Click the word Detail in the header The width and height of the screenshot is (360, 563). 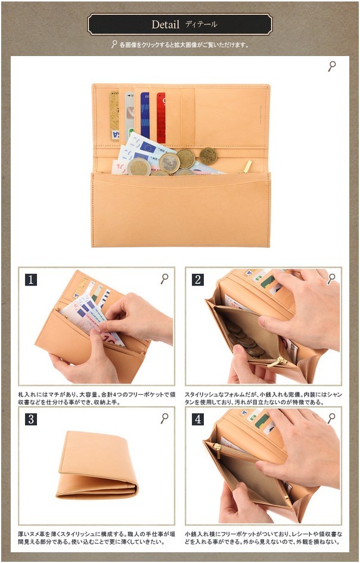click(165, 24)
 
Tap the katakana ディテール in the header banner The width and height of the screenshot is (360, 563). click(201, 24)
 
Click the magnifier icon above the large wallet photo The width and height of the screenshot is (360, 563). click(332, 66)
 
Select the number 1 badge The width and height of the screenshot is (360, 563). click(31, 279)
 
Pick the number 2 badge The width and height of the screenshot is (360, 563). click(198, 279)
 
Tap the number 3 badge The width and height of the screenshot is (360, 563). click(31, 419)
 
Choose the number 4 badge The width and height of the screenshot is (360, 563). click(198, 419)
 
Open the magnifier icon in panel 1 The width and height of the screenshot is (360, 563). click(165, 279)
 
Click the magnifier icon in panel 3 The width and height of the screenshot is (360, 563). click(165, 419)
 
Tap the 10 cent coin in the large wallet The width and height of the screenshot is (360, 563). click(208, 156)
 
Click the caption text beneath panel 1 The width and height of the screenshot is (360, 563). click(96, 398)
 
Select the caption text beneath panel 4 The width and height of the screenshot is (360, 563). click(262, 539)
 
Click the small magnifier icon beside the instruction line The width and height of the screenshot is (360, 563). click(114, 45)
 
